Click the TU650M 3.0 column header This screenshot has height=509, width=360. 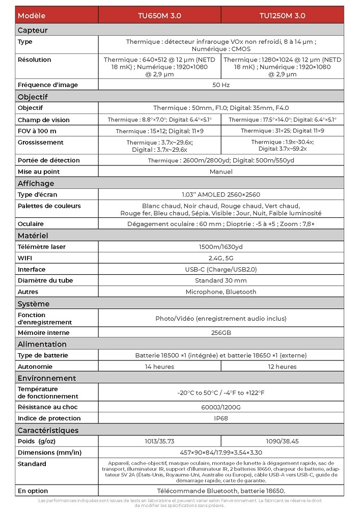pos(159,15)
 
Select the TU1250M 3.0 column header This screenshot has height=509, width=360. pos(282,15)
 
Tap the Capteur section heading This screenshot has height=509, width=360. pos(33,30)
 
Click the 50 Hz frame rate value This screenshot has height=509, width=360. pos(221,85)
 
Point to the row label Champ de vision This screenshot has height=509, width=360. pos(43,120)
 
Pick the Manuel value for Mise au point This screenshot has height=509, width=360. pos(221,172)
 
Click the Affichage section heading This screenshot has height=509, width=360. pos(36,183)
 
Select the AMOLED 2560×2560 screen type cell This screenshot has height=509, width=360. pos(221,194)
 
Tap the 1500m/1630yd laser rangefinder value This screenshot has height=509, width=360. pos(221,247)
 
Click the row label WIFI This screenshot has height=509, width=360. pos(25,258)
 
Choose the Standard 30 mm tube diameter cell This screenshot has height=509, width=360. pos(221,280)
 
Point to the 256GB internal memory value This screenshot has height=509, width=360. pos(221,333)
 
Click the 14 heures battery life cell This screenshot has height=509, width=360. pos(159,366)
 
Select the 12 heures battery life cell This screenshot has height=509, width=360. pos(282,366)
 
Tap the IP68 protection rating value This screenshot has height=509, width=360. pos(221,418)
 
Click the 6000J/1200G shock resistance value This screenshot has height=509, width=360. pos(221,407)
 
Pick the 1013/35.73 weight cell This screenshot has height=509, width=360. pos(159,441)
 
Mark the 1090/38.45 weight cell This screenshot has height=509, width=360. pos(282,441)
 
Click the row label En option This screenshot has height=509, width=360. pos(33,491)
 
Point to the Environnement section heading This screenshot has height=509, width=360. pos(47,378)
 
